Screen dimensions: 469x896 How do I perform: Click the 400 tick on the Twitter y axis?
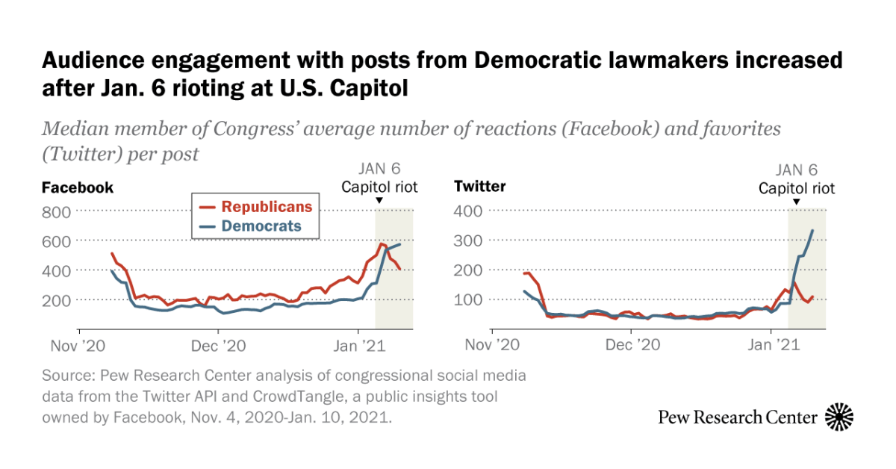click(469, 212)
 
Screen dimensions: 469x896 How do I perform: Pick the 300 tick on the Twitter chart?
click(469, 241)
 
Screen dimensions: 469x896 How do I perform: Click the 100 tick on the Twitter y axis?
click(469, 299)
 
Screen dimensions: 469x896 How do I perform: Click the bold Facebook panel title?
click(78, 187)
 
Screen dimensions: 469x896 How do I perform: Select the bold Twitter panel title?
click(480, 187)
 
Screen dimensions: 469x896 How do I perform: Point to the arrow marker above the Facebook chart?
click(379, 201)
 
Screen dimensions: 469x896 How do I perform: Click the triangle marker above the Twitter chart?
click(797, 202)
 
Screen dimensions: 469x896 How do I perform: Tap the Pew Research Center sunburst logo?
click(839, 417)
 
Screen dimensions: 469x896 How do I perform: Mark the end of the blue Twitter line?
click(812, 231)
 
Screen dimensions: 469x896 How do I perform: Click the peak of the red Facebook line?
click(382, 244)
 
